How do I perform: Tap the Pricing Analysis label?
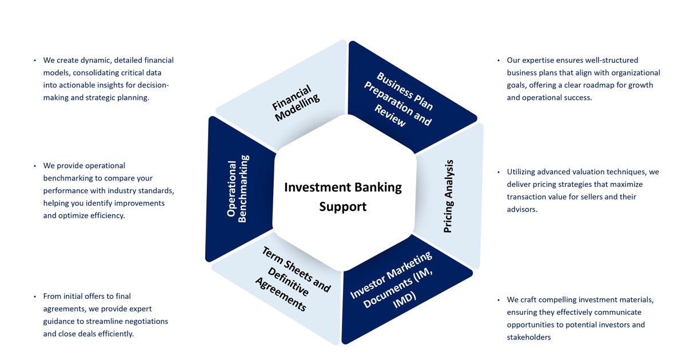[449, 196]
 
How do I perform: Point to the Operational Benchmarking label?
[237, 188]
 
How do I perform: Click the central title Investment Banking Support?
[343, 196]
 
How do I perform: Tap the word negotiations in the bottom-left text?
[145, 321]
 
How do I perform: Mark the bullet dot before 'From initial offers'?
[35, 297]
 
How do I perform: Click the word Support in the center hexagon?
[343, 206]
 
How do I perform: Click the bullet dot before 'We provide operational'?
[35, 166]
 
